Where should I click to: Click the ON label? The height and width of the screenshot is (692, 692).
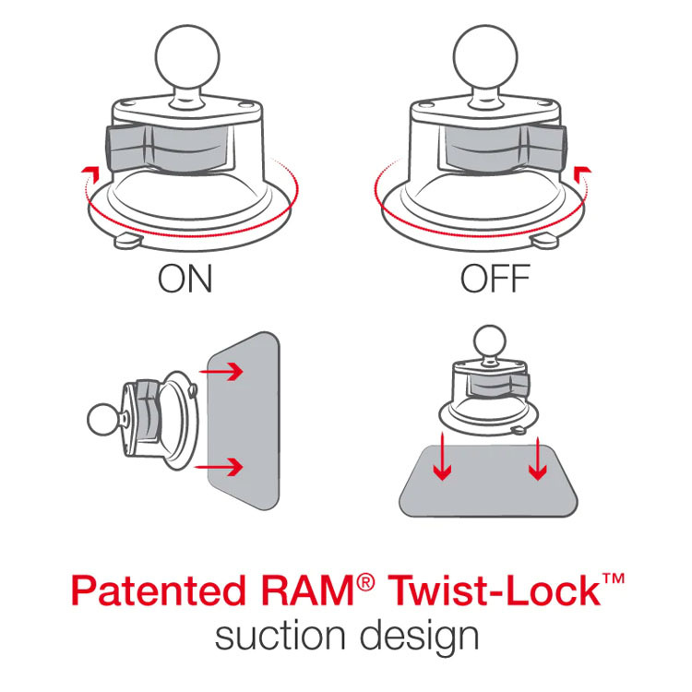[x=185, y=279]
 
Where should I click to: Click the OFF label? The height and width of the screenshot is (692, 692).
[x=495, y=279]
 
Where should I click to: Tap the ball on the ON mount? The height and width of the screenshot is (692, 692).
[x=187, y=57]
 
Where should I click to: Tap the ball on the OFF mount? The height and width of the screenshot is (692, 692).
[x=485, y=57]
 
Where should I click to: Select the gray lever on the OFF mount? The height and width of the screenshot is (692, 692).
[x=503, y=148]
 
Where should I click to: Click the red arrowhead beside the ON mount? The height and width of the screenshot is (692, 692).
[x=91, y=173]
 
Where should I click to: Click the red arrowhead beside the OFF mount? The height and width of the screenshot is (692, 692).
[x=582, y=173]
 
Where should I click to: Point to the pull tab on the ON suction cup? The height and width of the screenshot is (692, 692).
[x=128, y=242]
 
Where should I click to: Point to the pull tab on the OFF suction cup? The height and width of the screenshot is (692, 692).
[x=544, y=242]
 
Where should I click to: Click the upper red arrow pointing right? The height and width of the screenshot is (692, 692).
[x=221, y=371]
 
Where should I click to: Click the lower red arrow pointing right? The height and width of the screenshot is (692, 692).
[x=220, y=467]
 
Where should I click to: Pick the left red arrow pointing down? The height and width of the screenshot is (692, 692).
[x=442, y=457]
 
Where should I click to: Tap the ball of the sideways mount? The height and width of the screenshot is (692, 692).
[x=102, y=420]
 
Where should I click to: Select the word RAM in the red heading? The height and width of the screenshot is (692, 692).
[x=307, y=591]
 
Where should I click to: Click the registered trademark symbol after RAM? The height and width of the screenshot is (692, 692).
[x=365, y=582]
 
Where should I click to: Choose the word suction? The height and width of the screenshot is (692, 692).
[x=280, y=636]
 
